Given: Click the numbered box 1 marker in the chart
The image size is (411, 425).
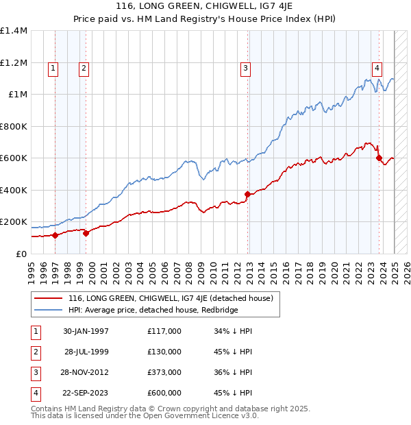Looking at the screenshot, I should click(x=53, y=68).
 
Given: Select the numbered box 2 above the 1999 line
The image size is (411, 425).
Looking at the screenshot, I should click(x=83, y=68).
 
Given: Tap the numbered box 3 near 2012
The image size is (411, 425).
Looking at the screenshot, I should click(x=245, y=68).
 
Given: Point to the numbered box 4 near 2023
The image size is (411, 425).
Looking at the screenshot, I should click(x=377, y=68).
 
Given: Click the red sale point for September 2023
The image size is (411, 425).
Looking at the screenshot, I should click(x=379, y=158).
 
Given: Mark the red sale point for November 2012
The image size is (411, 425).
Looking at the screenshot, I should click(x=247, y=194).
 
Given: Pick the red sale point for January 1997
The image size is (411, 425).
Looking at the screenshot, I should click(x=55, y=235).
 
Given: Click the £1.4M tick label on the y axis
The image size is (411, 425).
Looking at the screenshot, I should click(x=14, y=31).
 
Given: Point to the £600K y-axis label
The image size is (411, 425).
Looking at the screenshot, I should click(x=14, y=158).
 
